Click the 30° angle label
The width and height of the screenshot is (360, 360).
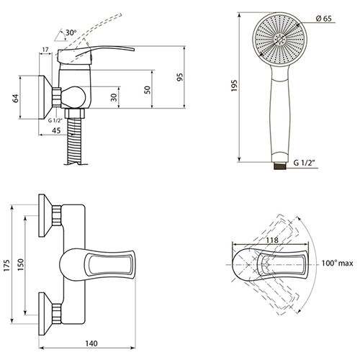coord(71,32)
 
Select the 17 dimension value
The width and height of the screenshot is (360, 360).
coord(45,50)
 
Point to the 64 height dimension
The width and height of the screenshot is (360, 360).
coord(15,98)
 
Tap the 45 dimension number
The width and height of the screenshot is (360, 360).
coord(56,130)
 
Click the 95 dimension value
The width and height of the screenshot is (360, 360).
coord(180,77)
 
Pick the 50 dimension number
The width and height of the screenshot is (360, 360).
coord(148,90)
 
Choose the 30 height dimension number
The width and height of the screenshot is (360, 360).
coord(114,97)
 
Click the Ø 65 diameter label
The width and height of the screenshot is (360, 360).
coord(323,19)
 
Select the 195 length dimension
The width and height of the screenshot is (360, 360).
coord(234,86)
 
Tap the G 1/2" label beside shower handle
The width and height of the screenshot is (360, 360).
coord(304,163)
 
